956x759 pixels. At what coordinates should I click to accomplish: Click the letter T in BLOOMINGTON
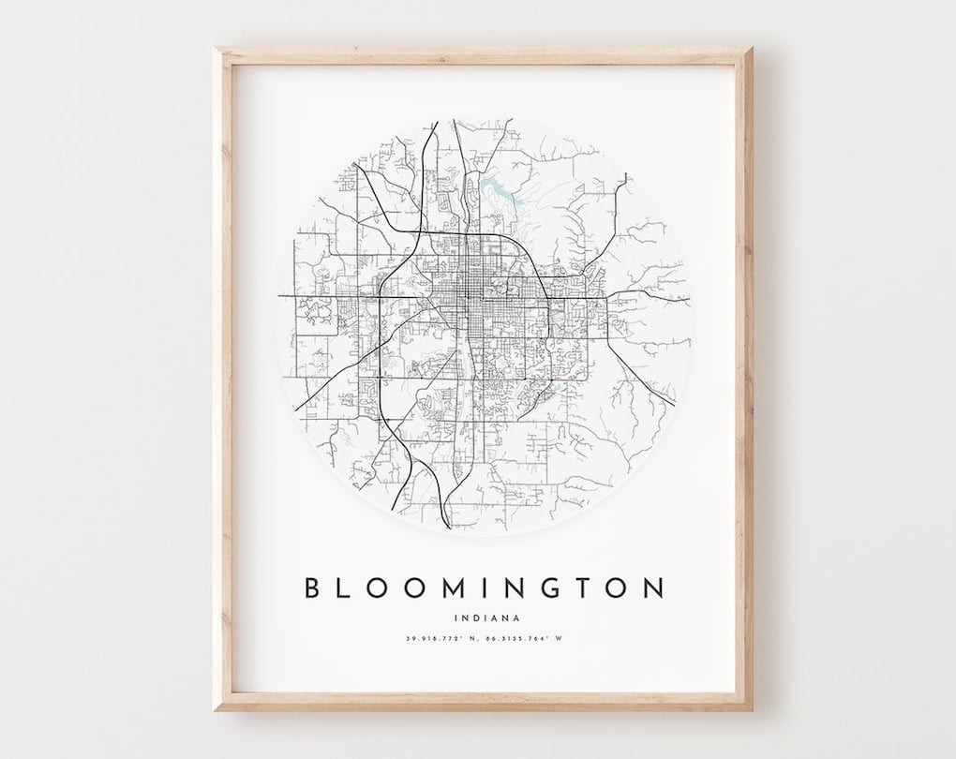click(580, 588)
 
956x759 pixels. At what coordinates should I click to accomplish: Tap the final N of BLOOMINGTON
click(654, 588)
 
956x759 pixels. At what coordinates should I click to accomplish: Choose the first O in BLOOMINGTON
click(382, 588)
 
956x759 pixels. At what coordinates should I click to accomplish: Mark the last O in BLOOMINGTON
click(616, 588)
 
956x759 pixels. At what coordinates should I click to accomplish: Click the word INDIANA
click(485, 617)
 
